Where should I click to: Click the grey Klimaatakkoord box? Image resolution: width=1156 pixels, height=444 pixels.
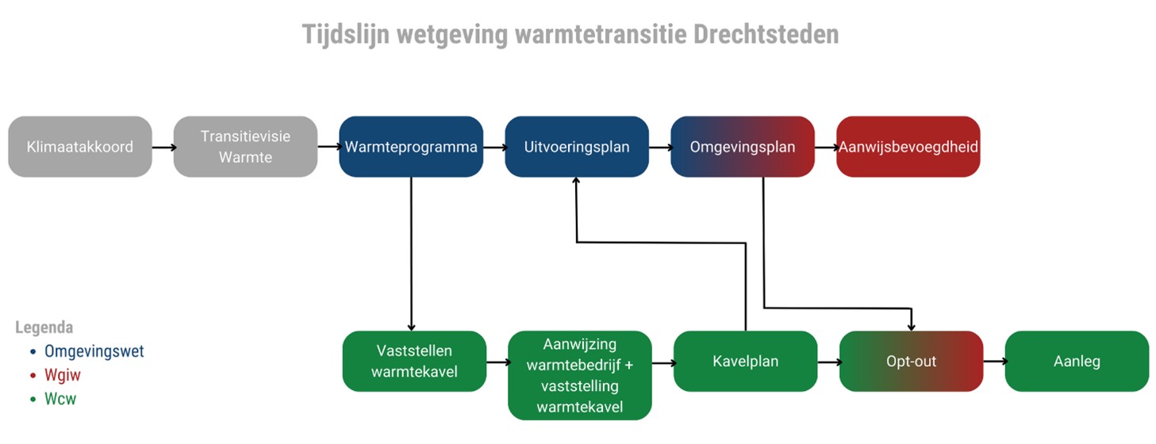tap(79, 147)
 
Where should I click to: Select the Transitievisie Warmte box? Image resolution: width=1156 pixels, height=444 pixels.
tap(245, 147)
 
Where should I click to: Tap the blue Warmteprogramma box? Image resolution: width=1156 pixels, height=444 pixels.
tap(411, 147)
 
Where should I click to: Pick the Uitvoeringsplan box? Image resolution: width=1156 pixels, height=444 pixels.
tap(577, 147)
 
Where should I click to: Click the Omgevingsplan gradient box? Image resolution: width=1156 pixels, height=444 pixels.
tap(743, 147)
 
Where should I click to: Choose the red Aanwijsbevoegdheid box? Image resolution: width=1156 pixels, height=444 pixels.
tap(908, 147)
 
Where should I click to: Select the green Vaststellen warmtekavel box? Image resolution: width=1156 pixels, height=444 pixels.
tap(414, 361)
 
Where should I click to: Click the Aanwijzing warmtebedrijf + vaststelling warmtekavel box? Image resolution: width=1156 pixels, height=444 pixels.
tap(579, 375)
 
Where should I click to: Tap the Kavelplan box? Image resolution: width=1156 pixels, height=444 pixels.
tap(746, 361)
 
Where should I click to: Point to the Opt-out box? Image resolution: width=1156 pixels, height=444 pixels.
tap(911, 361)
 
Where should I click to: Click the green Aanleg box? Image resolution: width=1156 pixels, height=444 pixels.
tap(1077, 361)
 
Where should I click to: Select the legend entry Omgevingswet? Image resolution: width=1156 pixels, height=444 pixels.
tap(94, 351)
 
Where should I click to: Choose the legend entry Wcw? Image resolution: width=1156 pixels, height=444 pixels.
tap(60, 399)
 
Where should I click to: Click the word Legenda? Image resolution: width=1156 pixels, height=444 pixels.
tap(44, 327)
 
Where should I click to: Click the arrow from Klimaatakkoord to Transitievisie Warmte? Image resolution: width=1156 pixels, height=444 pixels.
tap(163, 147)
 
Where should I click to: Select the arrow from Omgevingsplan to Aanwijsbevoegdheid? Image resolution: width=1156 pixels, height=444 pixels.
tap(825, 147)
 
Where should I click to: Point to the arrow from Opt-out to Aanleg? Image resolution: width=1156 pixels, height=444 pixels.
tap(993, 362)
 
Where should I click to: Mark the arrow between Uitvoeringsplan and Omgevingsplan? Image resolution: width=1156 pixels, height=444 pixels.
tap(660, 147)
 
